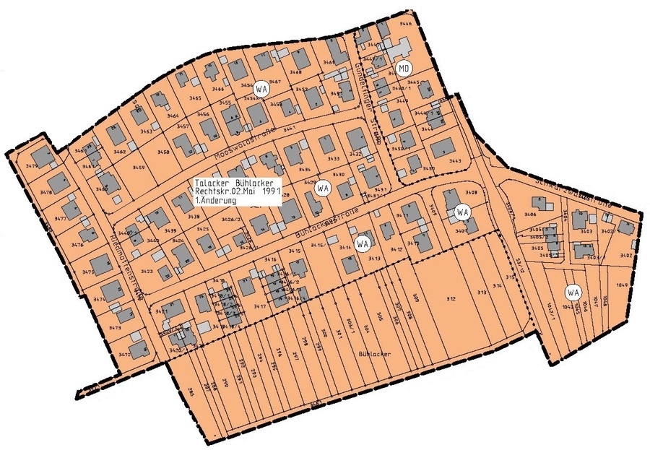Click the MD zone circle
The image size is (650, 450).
click(404, 69)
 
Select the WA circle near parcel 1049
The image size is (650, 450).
click(573, 293)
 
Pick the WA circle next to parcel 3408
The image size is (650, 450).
click(462, 212)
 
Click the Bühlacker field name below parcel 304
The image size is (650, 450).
click(374, 354)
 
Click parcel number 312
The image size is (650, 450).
click(451, 299)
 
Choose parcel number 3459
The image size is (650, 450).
click(138, 168)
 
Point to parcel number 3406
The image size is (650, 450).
click(530, 215)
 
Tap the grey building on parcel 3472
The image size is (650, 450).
click(138, 345)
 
